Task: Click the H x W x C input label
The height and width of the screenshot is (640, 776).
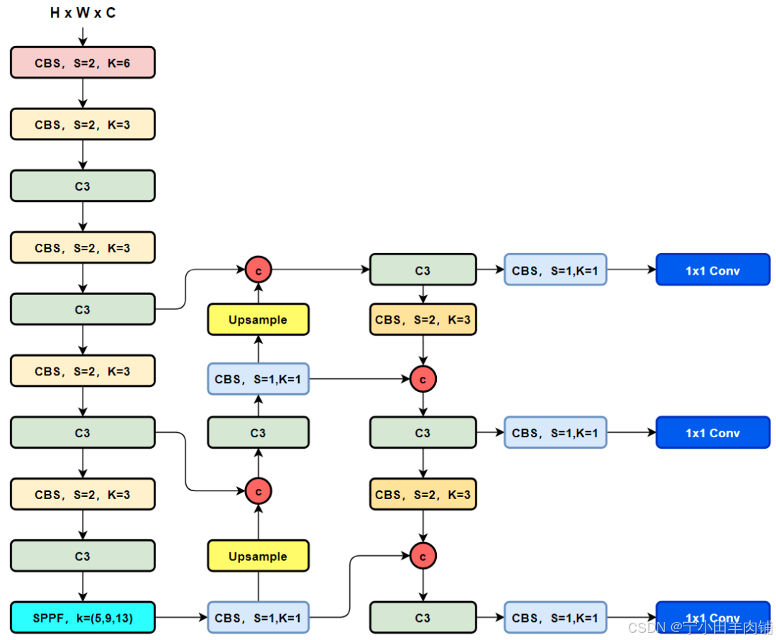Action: (x=83, y=13)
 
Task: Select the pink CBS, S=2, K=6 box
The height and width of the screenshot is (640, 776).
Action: (x=83, y=63)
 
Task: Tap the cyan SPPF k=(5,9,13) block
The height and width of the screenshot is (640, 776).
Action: (x=83, y=618)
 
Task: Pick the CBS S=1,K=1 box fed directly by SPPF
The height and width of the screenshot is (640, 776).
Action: (x=258, y=618)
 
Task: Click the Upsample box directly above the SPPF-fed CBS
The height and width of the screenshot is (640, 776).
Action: (x=258, y=557)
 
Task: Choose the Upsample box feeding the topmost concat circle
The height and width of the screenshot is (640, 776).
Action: (x=258, y=320)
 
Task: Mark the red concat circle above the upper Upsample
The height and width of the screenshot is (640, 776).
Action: (x=258, y=270)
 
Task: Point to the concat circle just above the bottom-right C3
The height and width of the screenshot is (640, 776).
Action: (x=423, y=556)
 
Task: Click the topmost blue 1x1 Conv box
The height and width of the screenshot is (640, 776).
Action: (x=712, y=270)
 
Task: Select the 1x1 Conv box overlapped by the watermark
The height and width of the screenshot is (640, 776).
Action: (x=712, y=618)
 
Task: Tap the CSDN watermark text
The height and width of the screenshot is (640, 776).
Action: (x=700, y=628)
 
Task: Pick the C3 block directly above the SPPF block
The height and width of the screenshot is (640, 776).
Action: (x=83, y=557)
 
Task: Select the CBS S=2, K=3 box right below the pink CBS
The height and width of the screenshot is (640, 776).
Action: (x=83, y=124)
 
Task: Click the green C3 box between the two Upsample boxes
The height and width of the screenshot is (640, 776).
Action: (x=258, y=433)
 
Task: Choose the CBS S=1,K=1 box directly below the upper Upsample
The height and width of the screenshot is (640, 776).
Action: (x=258, y=379)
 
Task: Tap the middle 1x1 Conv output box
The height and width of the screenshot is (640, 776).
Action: (x=712, y=433)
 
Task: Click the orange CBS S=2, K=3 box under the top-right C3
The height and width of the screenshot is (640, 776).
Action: (x=423, y=320)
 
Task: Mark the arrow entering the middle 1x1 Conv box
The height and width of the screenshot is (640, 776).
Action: (x=631, y=433)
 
